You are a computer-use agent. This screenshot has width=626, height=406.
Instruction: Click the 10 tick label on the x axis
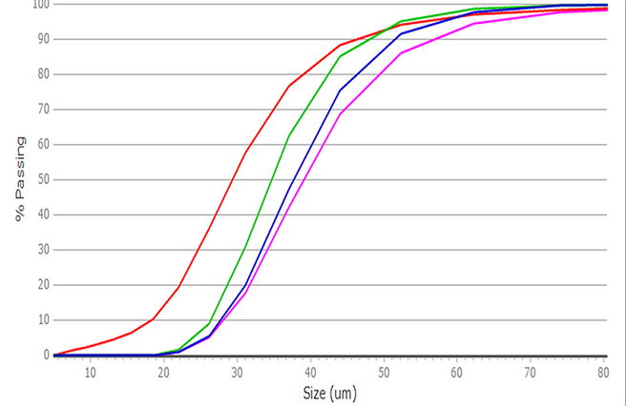[91, 373]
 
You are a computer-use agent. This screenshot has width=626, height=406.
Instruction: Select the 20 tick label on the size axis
[164, 373]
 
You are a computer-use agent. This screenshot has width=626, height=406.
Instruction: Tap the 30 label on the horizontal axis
[238, 373]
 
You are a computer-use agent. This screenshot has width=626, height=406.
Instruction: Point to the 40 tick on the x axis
[310, 373]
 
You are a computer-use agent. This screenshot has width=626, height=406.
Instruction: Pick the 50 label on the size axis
[384, 373]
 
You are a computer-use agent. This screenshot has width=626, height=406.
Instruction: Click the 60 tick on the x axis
[457, 373]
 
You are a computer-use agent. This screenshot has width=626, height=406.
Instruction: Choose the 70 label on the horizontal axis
[530, 373]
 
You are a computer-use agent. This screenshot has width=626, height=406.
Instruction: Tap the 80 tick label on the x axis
[603, 373]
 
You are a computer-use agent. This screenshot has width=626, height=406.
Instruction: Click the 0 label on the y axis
[47, 355]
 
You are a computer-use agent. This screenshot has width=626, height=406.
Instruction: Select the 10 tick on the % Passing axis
[44, 319]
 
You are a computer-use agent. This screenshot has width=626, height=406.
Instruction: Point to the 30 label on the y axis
[44, 250]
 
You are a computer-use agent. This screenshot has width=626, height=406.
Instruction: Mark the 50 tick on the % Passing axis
[44, 179]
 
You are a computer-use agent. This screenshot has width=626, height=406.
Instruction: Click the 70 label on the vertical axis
[44, 109]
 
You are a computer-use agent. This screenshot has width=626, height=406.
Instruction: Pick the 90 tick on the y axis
[44, 39]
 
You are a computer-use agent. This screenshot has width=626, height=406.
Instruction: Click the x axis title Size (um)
[330, 394]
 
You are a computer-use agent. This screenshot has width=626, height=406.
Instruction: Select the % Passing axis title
[20, 179]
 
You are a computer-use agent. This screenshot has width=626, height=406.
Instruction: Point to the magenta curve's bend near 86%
[401, 52]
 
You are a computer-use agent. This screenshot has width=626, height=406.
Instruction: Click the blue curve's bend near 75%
[340, 91]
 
